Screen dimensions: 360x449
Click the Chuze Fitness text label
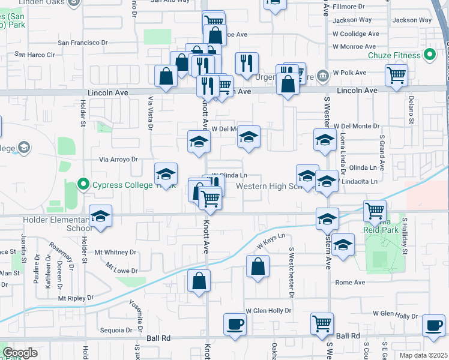pos(394,56)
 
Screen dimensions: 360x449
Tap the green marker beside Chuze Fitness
pos(429,56)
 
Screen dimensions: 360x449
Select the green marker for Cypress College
pos(83,184)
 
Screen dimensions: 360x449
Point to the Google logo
pos(20,353)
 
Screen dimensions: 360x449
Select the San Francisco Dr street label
pos(82,43)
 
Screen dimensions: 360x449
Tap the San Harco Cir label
pos(34,54)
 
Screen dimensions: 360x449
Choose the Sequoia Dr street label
pos(116,330)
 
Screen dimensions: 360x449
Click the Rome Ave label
pos(351,282)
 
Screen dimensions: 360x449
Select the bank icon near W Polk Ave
pos(324,76)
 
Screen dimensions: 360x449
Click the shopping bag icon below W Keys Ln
pos(258,267)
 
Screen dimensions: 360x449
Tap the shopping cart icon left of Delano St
pos(396,77)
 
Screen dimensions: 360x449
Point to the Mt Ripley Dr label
pos(76,298)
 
